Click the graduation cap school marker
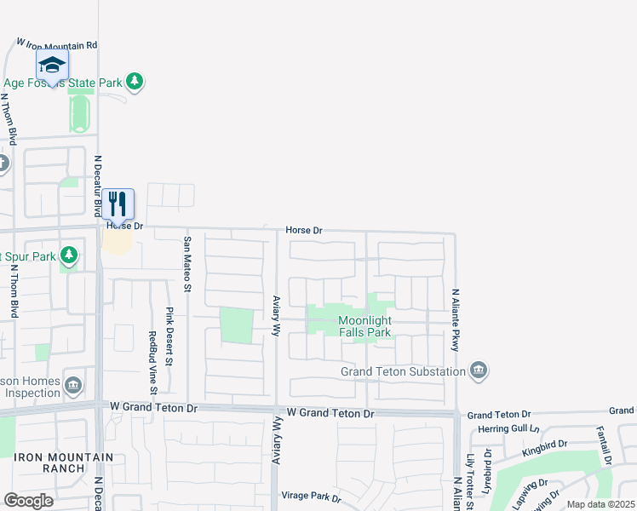pos(52,65)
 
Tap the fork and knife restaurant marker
pos(118,204)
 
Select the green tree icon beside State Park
pos(134,82)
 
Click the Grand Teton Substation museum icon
pos(478,370)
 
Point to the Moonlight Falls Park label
pos(364,326)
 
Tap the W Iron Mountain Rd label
pos(58,43)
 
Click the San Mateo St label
pos(187,264)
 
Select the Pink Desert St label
pos(169,337)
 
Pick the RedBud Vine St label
pos(152,363)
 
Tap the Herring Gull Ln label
pos(509,428)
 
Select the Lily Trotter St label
pos(469,481)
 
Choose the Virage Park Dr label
pos(312,497)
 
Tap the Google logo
pos(28,501)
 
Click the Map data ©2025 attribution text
pos(601,504)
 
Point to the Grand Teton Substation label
pos(403,371)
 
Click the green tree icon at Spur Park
pos(69,255)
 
